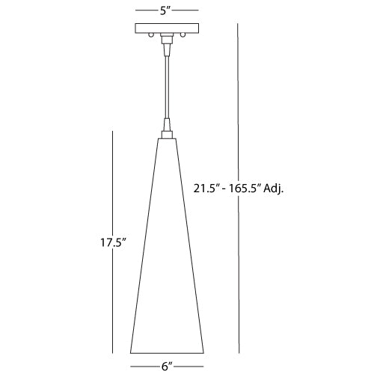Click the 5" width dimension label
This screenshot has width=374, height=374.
coord(167,10)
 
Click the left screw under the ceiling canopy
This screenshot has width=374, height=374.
coord(151,36)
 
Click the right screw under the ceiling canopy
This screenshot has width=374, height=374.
coord(181,36)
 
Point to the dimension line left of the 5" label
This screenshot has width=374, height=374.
coord(146,10)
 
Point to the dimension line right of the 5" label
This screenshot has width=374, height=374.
coord(188,10)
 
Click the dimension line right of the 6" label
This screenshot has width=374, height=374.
coord(190,365)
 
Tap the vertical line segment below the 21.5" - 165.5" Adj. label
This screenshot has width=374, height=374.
coord(239,277)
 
